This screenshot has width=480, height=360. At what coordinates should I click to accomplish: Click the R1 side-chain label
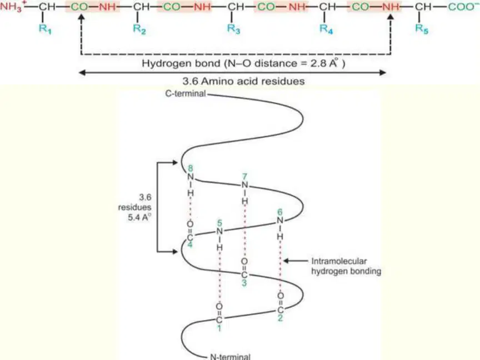click(45, 29)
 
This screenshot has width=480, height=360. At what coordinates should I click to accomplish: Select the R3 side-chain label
click(233, 29)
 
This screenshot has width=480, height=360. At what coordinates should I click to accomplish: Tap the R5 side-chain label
click(422, 29)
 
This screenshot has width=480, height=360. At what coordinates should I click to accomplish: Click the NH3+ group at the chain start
click(12, 6)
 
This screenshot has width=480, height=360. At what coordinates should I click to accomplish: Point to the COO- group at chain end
click(463, 7)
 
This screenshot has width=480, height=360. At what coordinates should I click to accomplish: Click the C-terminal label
click(186, 93)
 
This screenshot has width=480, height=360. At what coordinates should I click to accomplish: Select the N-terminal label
click(230, 357)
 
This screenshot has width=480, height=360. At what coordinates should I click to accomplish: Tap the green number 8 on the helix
click(191, 168)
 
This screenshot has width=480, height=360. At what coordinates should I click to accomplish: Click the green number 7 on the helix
click(244, 177)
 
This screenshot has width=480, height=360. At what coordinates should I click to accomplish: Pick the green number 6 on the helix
click(280, 212)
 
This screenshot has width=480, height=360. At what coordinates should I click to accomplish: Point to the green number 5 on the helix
click(219, 223)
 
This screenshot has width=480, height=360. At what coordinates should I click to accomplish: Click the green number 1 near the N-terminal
click(219, 328)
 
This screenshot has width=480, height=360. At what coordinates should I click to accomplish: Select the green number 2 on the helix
click(280, 318)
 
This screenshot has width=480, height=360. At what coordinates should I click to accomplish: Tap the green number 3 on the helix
click(244, 283)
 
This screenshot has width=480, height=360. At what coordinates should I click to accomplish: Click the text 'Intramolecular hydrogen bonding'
click(346, 266)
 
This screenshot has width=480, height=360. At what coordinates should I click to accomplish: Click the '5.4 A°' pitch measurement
click(139, 218)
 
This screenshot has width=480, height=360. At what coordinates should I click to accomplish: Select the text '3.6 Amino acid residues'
click(244, 81)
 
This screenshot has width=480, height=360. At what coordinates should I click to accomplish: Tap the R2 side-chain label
click(139, 29)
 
